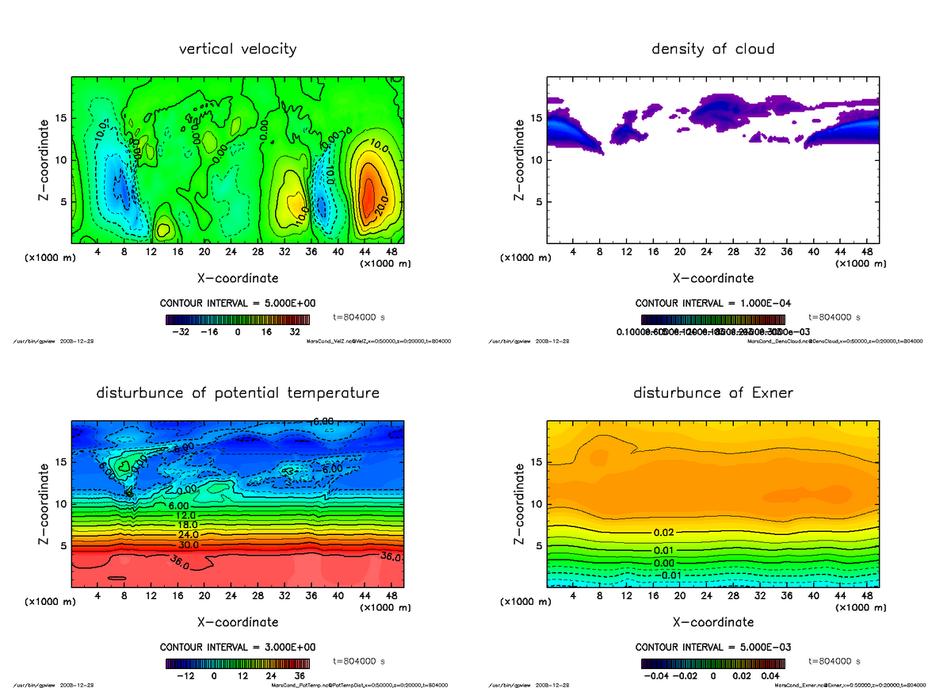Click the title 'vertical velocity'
238,49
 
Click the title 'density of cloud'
712,49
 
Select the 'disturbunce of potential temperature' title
238,393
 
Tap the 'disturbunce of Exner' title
712,393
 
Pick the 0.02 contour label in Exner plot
664,532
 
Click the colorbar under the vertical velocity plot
238,319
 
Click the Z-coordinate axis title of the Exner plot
519,503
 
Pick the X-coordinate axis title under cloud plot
712,278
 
